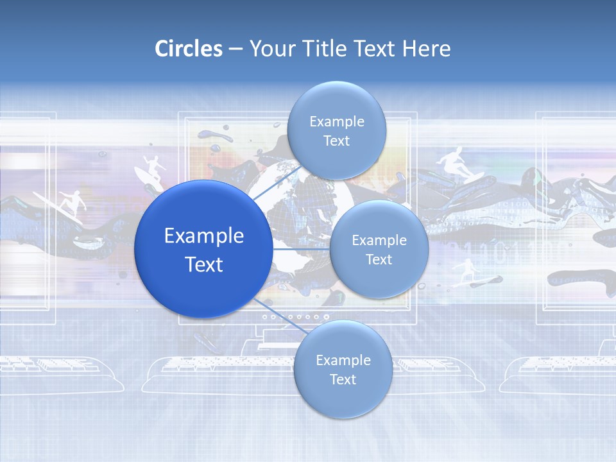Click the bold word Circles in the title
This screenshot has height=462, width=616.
[x=189, y=49]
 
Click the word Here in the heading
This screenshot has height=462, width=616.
[x=426, y=49]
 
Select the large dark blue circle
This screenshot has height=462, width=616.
[x=203, y=249]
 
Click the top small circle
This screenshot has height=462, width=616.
[x=336, y=130]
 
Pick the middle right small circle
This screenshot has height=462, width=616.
[x=379, y=249]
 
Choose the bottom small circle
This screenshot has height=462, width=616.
[x=343, y=370]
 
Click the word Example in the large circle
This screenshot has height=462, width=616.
[x=203, y=235]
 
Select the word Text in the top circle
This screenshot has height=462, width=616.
[x=336, y=141]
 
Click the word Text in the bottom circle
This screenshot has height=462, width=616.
[x=343, y=380]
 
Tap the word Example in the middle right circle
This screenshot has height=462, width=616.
[x=379, y=240]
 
